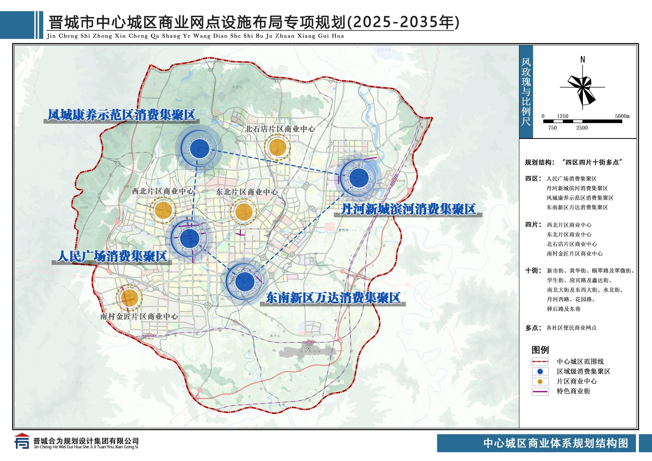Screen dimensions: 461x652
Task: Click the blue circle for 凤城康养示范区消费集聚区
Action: pos(200,149)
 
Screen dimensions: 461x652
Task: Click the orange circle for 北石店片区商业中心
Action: pos(277,147)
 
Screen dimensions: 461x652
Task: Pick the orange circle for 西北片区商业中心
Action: pos(163,210)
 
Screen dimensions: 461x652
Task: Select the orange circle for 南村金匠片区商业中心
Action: pos(129,297)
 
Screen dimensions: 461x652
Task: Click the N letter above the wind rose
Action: pos(583,60)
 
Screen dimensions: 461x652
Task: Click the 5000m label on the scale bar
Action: pos(622,116)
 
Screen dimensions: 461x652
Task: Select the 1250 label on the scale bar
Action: pos(562,116)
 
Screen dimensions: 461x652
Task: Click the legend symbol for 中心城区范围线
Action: pos(540,362)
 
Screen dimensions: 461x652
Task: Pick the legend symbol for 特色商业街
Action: pos(540,392)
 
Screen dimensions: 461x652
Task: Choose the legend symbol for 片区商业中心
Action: pos(540,381)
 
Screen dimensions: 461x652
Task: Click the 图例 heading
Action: pos(540,350)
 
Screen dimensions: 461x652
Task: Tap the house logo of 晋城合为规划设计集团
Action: pos(21,441)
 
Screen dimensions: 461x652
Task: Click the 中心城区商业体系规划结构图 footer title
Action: pos(556,443)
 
